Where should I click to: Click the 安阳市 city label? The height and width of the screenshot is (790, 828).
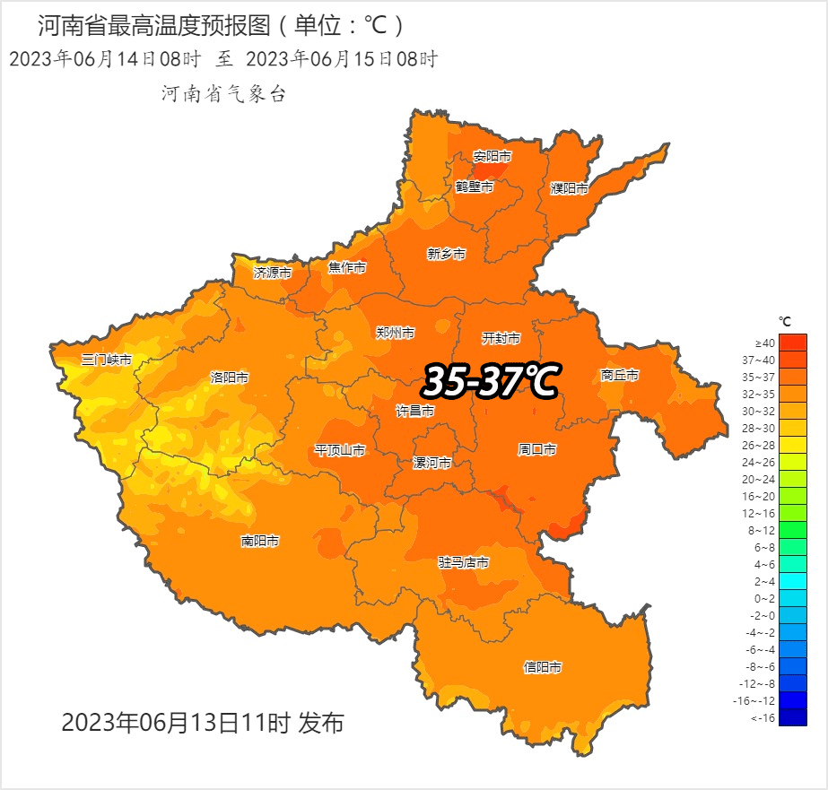coord(492,157)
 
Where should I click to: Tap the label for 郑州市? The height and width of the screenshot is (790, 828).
coord(396,333)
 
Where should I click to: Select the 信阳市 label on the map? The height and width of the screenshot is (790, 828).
coord(543,667)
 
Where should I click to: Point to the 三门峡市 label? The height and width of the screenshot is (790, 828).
coord(107,360)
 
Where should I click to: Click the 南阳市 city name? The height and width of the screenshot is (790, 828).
coord(260,541)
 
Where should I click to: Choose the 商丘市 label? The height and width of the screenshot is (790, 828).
coord(620,375)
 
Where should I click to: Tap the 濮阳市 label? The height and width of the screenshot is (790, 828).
coord(570,188)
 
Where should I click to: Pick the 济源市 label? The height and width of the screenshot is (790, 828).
coord(273,272)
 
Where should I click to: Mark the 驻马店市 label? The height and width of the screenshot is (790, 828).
coord(464,562)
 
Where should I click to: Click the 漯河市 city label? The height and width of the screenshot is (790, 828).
coord(431,463)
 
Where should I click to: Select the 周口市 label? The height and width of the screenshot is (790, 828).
coord(537,448)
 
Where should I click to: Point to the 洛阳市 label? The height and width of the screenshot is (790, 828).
coord(229,378)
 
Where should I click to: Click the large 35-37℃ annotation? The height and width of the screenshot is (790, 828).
coord(490,381)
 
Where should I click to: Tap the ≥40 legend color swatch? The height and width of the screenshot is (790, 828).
coord(793,343)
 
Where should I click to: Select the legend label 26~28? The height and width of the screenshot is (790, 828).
coord(764,445)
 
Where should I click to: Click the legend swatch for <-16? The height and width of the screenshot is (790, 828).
coord(793,717)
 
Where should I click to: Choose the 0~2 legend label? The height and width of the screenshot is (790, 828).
coord(765,598)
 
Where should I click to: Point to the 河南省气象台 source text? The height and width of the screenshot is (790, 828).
coord(223,93)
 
